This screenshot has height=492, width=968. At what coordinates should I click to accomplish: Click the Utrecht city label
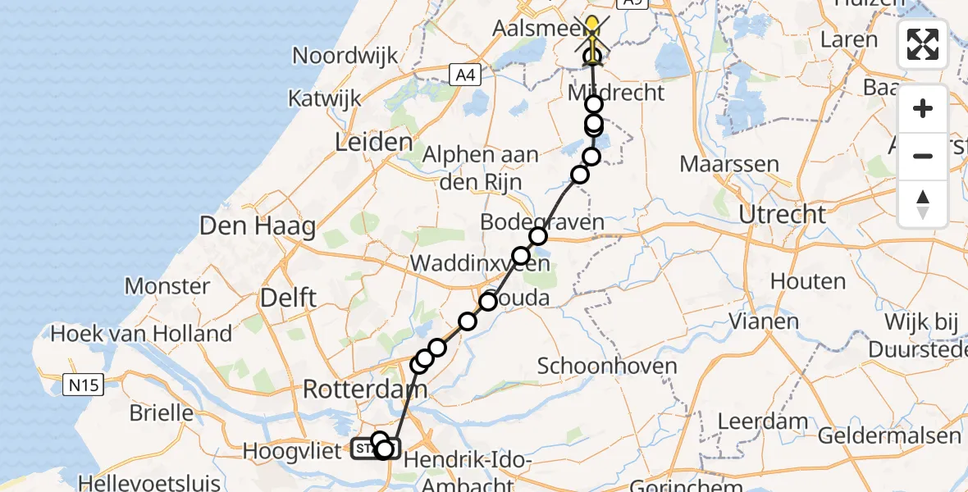click(782, 215)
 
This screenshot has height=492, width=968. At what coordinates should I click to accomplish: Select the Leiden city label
click(373, 143)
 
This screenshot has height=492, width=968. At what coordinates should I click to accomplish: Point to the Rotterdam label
click(365, 389)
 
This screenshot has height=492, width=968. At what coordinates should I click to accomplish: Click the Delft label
click(288, 298)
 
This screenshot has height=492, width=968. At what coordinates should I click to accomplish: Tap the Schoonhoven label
click(607, 366)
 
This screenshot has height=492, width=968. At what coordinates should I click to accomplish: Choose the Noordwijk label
click(345, 56)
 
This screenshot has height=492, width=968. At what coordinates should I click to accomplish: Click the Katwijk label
click(325, 99)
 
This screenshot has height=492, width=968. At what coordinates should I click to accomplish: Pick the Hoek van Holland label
click(141, 334)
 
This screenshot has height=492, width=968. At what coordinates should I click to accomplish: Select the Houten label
click(809, 281)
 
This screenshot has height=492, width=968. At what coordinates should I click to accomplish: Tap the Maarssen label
click(729, 163)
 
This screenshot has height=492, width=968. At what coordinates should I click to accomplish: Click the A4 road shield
click(465, 75)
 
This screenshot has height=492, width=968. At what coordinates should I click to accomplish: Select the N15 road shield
click(84, 383)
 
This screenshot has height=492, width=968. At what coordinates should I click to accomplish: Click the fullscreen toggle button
click(923, 44)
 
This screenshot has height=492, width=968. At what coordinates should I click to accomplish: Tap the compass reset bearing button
click(923, 203)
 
